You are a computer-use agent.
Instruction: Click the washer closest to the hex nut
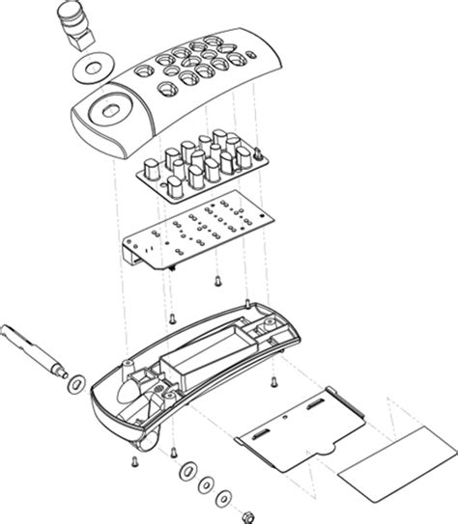[225, 497]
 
